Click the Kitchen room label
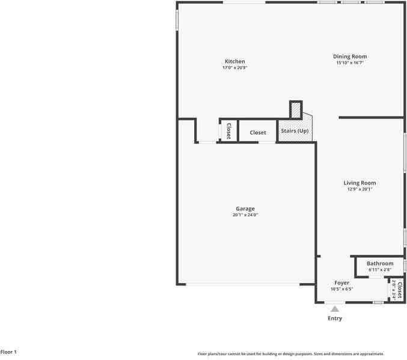click(x=234, y=61)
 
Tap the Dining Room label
click(x=350, y=56)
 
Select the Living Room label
click(x=360, y=183)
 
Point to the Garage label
click(x=245, y=209)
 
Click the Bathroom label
click(x=380, y=263)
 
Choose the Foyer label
click(x=341, y=282)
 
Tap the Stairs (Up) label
click(x=295, y=131)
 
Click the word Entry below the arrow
click(x=335, y=319)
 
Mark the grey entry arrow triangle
click(x=335, y=309)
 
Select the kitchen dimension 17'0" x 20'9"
click(x=234, y=68)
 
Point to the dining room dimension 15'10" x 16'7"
click(x=350, y=63)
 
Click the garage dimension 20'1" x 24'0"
click(x=245, y=215)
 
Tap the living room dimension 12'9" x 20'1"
click(x=360, y=189)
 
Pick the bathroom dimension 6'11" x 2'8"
click(x=380, y=270)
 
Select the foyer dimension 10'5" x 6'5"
click(x=341, y=289)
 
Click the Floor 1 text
click(x=8, y=352)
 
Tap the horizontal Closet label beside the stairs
click(x=258, y=132)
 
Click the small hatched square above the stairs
click(x=296, y=110)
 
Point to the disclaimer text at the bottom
click(x=290, y=354)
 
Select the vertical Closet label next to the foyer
click(x=399, y=288)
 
